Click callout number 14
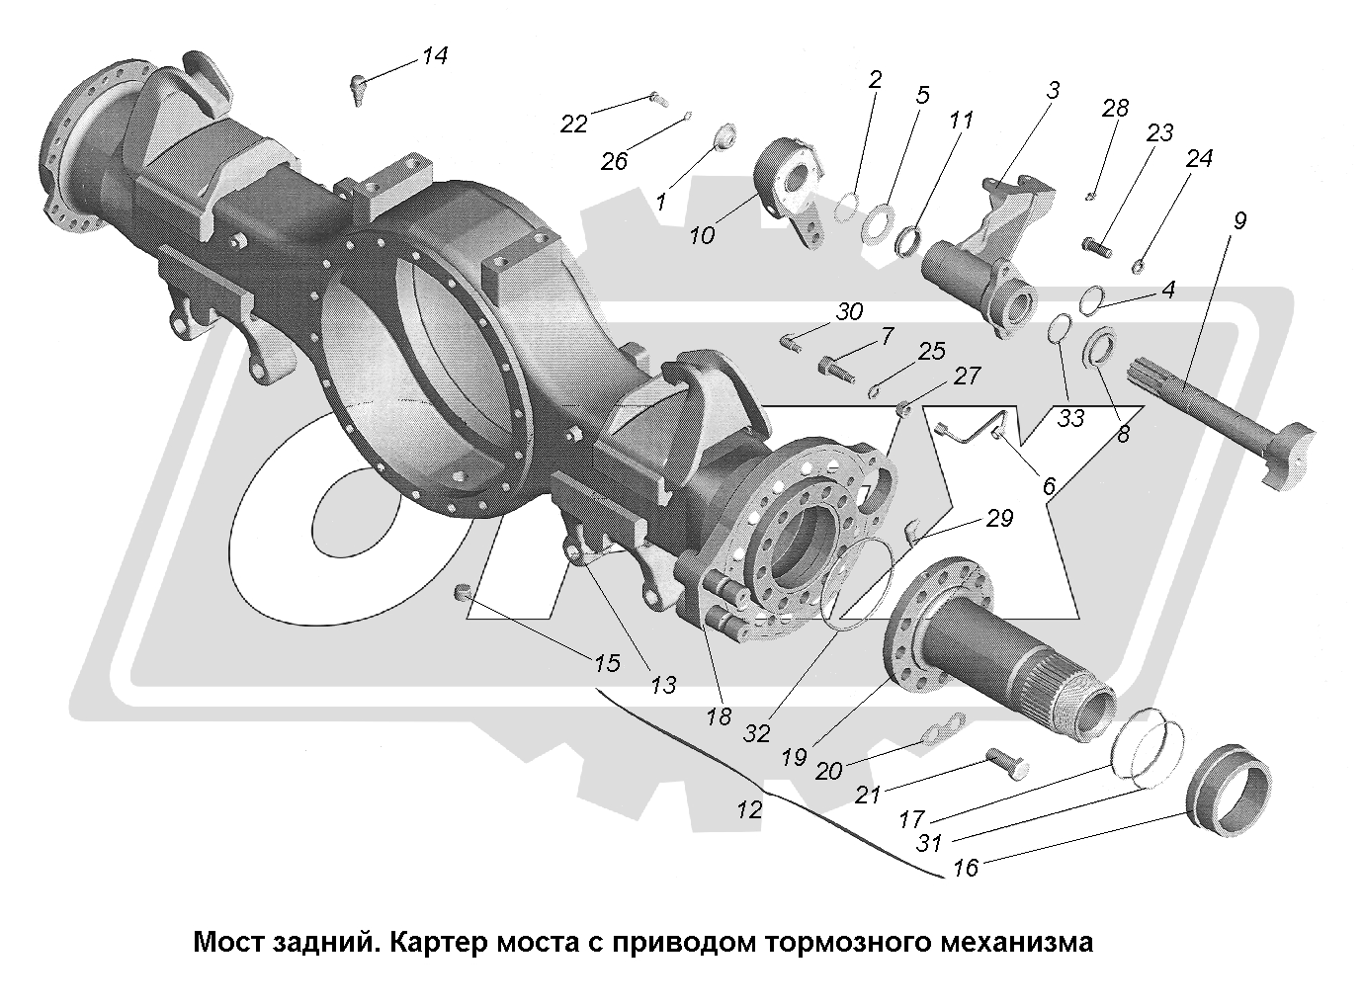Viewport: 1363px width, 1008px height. [434, 56]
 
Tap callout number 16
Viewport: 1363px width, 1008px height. [965, 868]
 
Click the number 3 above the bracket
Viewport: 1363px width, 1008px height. [1053, 91]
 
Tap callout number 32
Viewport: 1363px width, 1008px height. [756, 732]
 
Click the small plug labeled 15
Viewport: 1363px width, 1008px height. [460, 593]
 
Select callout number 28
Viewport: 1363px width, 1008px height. [1115, 108]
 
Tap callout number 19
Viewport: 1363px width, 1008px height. [794, 757]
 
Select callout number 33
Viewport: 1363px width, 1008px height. [1070, 417]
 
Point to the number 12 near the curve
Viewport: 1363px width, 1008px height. [748, 809]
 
